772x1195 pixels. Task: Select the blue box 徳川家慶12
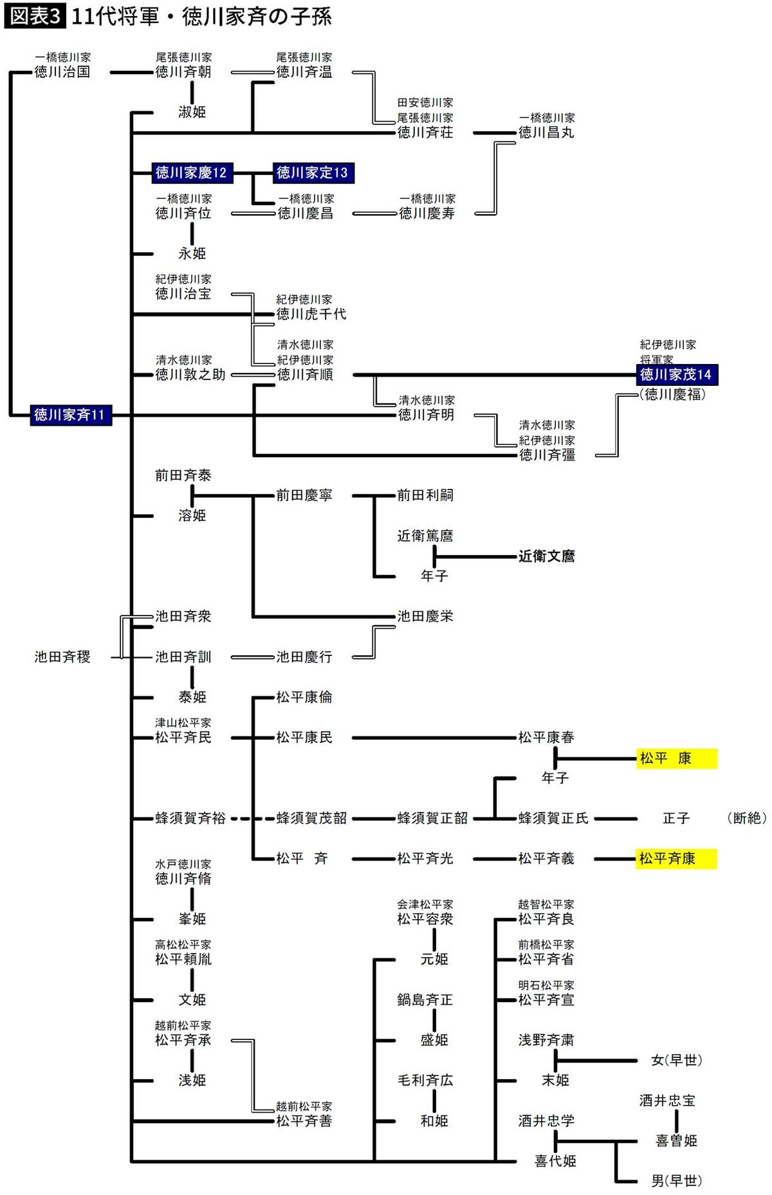191,172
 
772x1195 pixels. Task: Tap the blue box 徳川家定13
313,172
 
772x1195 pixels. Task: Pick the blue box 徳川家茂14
676,374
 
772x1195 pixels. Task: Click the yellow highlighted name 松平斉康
675,858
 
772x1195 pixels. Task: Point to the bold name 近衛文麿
546,556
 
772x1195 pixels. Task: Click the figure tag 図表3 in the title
34,17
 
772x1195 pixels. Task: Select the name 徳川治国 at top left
62,72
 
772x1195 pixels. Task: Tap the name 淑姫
192,112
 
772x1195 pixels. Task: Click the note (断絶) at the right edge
747,818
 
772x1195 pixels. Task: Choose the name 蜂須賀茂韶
311,818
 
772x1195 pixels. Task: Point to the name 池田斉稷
62,657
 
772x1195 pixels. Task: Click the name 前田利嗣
425,495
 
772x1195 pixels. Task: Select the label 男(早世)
676,1181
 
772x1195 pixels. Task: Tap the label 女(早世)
676,1060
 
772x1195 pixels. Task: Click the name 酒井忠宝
667,1100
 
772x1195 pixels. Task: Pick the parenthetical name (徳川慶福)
672,394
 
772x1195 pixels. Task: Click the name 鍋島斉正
425,999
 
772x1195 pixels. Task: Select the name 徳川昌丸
546,132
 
